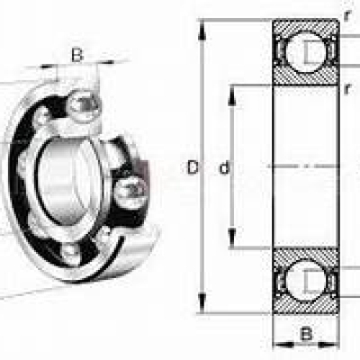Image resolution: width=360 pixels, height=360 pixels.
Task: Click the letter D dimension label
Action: point(193,167)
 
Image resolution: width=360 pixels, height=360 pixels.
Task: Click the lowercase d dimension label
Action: point(224,167)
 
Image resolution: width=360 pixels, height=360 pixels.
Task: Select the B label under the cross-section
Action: point(306,334)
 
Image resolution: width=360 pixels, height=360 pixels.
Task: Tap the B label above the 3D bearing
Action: point(77,55)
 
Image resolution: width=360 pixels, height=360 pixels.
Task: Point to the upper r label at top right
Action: point(347,15)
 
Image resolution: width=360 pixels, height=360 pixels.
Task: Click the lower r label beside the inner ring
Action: point(347,89)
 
